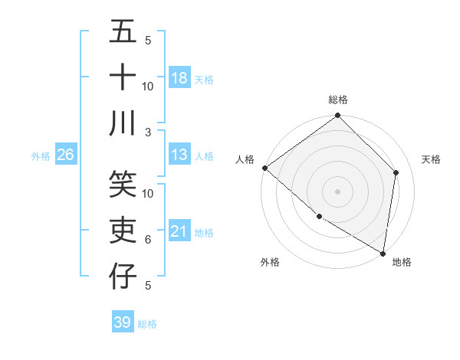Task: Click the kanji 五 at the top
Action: click(123, 33)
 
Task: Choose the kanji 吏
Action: click(123, 230)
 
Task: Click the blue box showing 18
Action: click(179, 77)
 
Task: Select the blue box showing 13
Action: click(179, 155)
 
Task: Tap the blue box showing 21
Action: click(179, 231)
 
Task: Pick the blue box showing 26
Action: click(65, 155)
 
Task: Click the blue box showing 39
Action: click(123, 322)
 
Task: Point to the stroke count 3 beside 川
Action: click(149, 132)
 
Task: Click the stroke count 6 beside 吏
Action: click(148, 240)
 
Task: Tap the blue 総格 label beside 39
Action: click(148, 324)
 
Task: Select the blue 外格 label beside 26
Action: click(41, 155)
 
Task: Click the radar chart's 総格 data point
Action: click(337, 116)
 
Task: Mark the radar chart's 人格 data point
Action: click(264, 168)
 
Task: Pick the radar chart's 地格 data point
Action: click(383, 252)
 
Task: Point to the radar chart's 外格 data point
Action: click(319, 217)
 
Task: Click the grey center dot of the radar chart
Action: click(337, 191)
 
